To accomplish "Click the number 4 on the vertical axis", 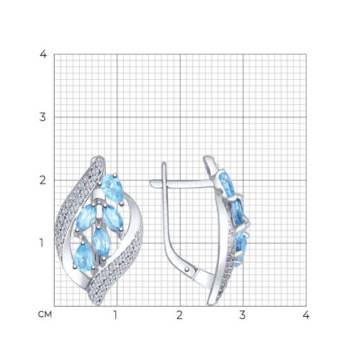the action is pyautogui.click(x=43, y=55).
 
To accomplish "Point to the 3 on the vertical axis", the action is pyautogui.click(x=42, y=117).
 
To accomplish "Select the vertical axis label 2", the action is pyautogui.click(x=42, y=180).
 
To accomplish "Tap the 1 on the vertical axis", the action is pyautogui.click(x=42, y=243).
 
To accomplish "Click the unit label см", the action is pyautogui.click(x=45, y=315).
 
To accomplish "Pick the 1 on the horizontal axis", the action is pyautogui.click(x=115, y=315).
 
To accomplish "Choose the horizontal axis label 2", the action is pyautogui.click(x=179, y=315).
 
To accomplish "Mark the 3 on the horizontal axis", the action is pyautogui.click(x=243, y=315).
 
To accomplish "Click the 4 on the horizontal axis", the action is pyautogui.click(x=306, y=315).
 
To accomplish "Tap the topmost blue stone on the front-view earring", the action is pyautogui.click(x=112, y=188).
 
